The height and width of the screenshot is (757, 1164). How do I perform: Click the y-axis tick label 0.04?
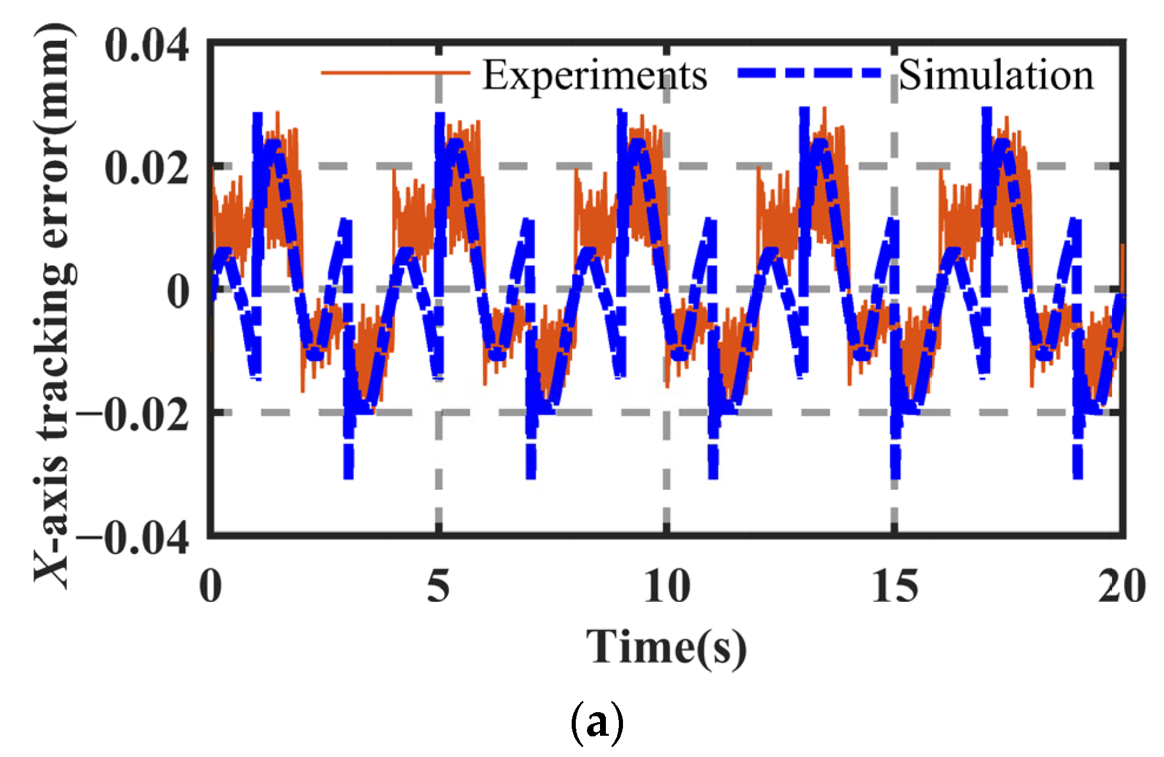[146, 45]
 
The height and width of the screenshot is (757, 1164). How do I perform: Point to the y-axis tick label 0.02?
[146, 168]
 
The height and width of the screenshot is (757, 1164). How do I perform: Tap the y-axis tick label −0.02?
[133, 415]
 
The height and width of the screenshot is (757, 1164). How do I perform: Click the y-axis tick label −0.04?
[133, 538]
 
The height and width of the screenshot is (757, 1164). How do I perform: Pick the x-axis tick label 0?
[211, 586]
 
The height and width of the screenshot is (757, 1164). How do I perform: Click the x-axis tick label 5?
[438, 586]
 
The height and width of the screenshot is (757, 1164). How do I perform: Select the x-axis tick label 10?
[667, 586]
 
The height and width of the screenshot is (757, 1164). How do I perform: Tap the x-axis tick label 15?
[895, 586]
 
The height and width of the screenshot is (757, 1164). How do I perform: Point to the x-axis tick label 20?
[1122, 586]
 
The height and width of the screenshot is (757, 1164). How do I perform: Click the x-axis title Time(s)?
[667, 648]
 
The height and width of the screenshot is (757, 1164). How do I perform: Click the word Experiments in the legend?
[595, 76]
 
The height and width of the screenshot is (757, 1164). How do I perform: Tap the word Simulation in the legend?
[996, 76]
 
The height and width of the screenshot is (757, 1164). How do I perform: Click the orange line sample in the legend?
[395, 73]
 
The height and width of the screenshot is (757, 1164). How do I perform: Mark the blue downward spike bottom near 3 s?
[348, 476]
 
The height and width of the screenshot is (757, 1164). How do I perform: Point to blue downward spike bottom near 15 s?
[896, 476]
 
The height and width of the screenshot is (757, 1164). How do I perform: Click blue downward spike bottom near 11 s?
[713, 476]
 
